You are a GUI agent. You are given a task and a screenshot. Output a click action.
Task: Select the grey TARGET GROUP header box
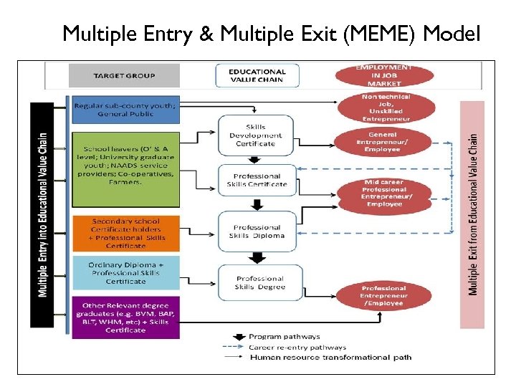point(123,75)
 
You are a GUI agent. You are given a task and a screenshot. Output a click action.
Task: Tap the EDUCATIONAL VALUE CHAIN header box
point(256,75)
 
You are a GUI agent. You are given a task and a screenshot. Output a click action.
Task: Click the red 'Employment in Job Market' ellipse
point(384,75)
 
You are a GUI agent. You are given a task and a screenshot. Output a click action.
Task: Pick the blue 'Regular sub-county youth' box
point(123,109)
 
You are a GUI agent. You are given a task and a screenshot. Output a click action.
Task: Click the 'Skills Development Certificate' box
point(256,135)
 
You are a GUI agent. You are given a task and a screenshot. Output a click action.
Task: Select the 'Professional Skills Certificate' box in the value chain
point(256,180)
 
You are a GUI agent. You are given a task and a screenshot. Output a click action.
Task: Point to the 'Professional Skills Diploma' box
point(257,231)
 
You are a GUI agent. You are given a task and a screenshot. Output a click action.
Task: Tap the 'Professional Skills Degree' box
point(259,282)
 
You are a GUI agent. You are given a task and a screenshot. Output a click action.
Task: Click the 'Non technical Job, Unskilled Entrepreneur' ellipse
point(386,107)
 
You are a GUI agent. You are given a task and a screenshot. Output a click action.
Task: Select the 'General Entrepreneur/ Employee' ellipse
point(386,141)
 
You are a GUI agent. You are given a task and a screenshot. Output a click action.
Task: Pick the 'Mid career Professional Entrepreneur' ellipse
point(386,193)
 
